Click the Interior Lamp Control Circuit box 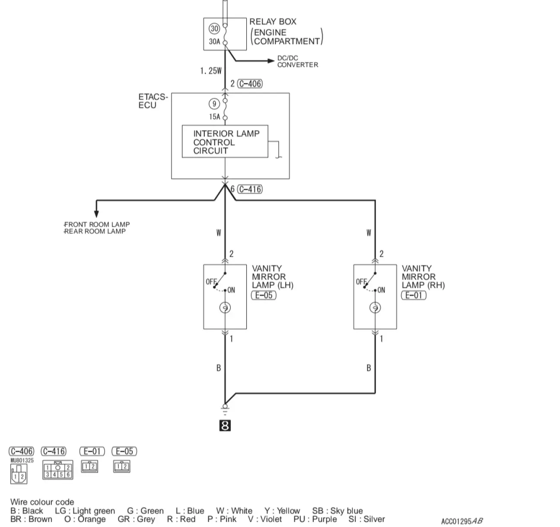[225, 142]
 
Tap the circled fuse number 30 [214, 29]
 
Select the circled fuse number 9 [214, 104]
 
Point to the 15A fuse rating [214, 117]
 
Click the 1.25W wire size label [210, 71]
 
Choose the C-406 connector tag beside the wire [250, 83]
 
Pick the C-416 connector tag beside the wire [250, 189]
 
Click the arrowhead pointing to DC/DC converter [271, 61]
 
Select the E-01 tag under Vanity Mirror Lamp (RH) [414, 295]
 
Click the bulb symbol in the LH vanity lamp [225, 308]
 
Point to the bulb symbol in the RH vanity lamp [375, 308]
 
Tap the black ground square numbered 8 [225, 425]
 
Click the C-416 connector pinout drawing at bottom [58, 469]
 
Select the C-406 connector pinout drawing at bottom [18, 474]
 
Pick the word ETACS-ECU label [153, 101]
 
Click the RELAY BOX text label [273, 22]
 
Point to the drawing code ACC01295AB [461, 521]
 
